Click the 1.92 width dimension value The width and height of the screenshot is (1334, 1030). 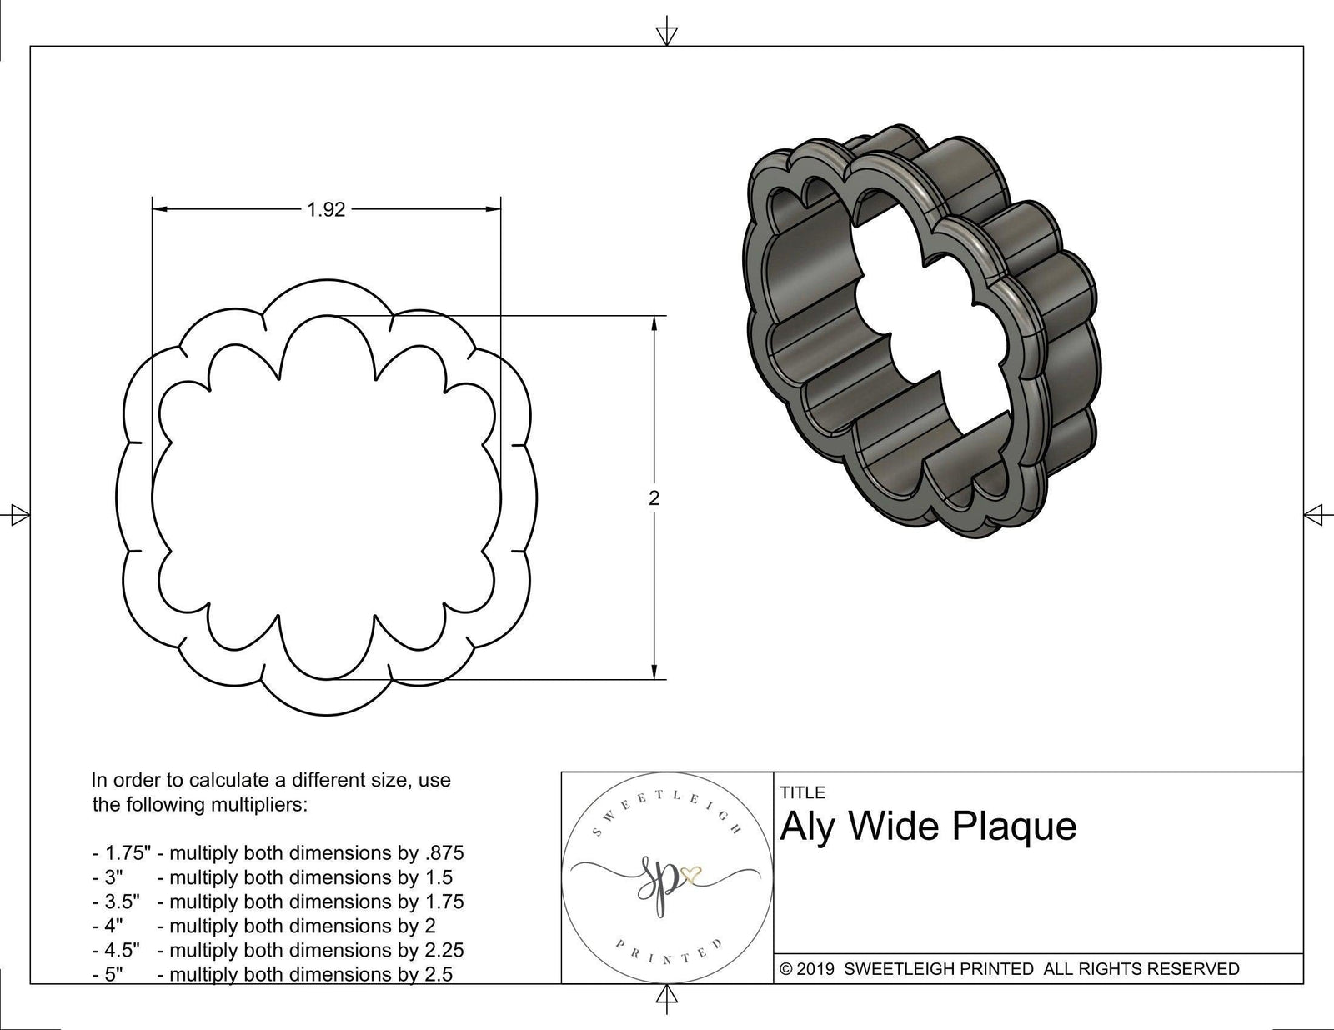point(326,210)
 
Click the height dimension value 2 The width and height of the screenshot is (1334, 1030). point(654,498)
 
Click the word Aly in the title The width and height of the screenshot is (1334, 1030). point(807,827)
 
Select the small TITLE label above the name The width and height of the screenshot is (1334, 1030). point(802,792)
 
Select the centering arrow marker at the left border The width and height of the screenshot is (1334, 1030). point(18,515)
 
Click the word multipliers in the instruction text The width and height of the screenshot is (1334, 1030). point(243,805)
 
